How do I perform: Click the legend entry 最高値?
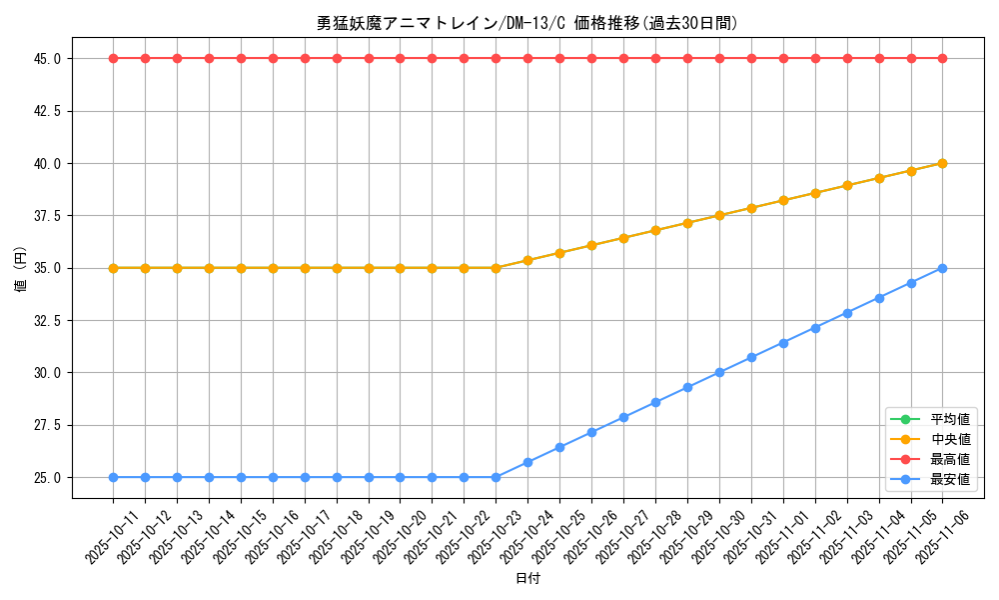tap(950, 459)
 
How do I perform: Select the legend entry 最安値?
tap(950, 479)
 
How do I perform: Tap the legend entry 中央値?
tap(950, 439)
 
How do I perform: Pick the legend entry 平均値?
tap(950, 419)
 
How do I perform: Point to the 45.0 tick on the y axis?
tap(47, 59)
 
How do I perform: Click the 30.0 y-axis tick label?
tap(47, 373)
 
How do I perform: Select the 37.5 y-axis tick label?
tap(47, 216)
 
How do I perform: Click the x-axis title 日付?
tap(527, 579)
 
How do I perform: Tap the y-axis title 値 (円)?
tap(21, 268)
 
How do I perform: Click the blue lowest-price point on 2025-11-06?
tap(942, 268)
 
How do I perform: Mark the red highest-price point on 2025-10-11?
tap(113, 58)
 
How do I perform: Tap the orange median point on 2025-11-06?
tap(942, 163)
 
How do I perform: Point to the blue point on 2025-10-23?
tap(496, 477)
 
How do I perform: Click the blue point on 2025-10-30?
tap(719, 372)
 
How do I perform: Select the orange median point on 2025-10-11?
tap(113, 268)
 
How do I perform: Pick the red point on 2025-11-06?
tap(942, 58)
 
